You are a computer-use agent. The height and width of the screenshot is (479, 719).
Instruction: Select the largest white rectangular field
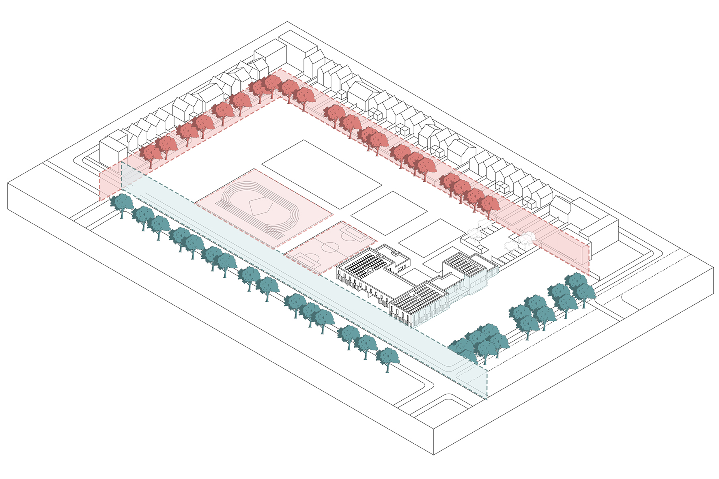pyautogui.click(x=321, y=174)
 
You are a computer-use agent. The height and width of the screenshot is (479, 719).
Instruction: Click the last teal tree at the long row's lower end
pyautogui.click(x=387, y=359)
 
